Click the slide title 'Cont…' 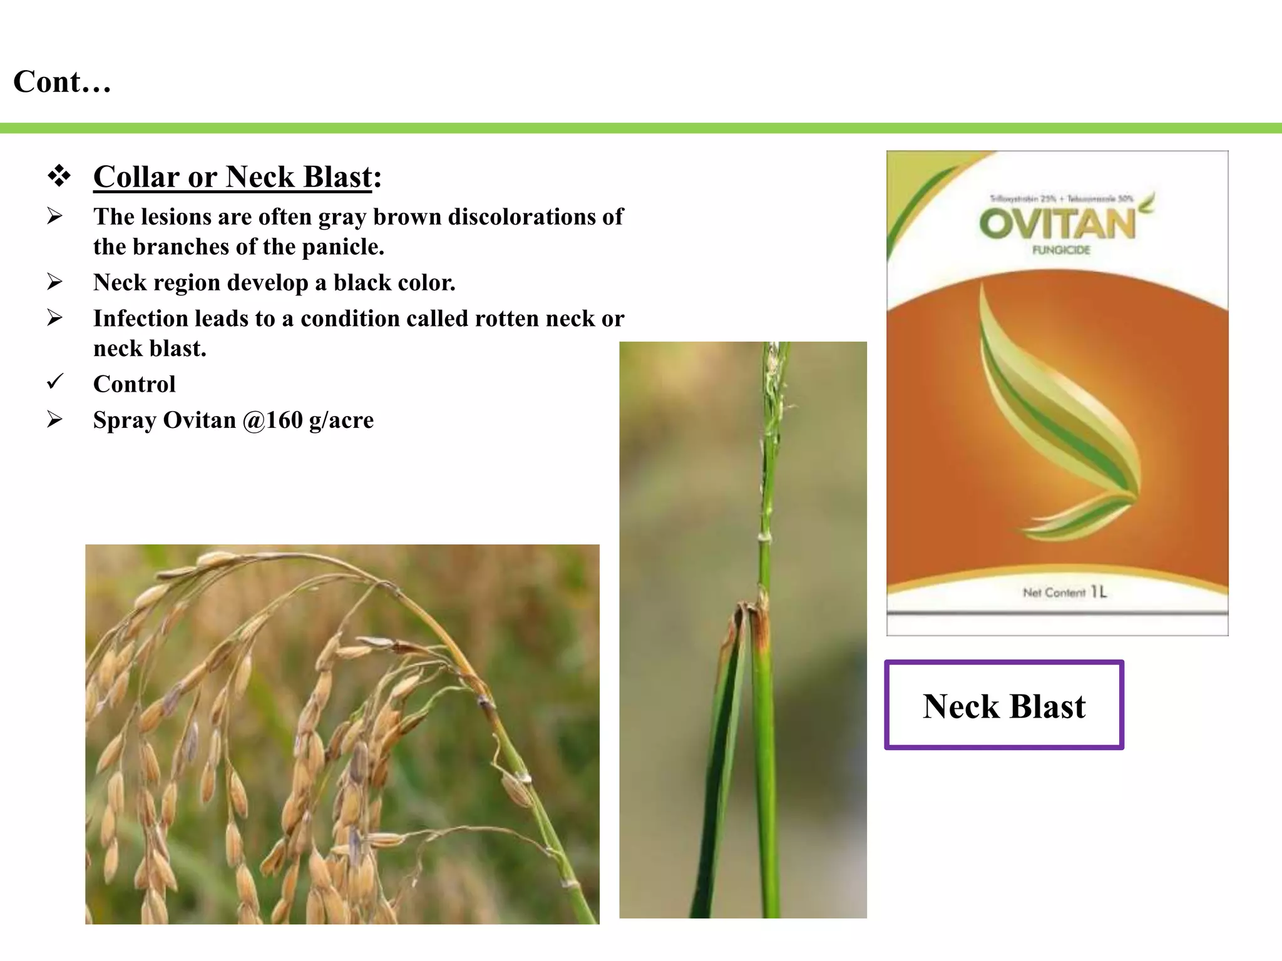62,82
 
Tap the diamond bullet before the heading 59,176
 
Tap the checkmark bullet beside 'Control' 55,381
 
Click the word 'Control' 135,384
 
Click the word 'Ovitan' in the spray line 199,420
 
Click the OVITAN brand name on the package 1057,224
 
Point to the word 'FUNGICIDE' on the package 1061,250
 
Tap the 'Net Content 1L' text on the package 1064,592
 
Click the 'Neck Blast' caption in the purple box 1004,706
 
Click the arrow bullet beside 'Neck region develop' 55,282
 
